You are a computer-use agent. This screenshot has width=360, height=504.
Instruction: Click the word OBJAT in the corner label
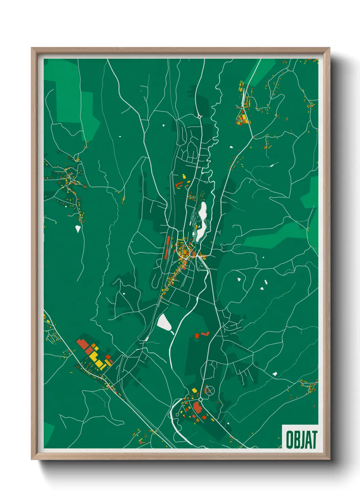coord(301,440)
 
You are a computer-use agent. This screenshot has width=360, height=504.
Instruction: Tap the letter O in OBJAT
coord(290,440)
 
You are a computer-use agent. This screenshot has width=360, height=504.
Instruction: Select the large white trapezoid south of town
coord(164,322)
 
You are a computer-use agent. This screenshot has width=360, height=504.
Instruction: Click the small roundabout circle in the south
coord(200,399)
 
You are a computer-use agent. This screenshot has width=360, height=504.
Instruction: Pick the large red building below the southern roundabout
coord(197,407)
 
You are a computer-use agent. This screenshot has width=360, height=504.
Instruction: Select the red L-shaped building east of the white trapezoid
coord(205,333)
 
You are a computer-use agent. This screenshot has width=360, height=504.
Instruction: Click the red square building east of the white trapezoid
coord(197,336)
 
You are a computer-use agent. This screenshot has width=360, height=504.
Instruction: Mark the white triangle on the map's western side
coord(78,229)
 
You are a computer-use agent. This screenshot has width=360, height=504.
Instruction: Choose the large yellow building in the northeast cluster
coord(242,118)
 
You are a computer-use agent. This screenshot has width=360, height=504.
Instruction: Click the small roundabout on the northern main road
coord(199,117)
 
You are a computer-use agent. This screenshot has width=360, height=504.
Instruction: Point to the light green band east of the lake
coord(272,237)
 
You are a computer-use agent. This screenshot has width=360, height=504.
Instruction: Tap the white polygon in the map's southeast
coord(275,374)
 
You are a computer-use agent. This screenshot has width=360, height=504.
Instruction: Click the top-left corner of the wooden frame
coord(32,48)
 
